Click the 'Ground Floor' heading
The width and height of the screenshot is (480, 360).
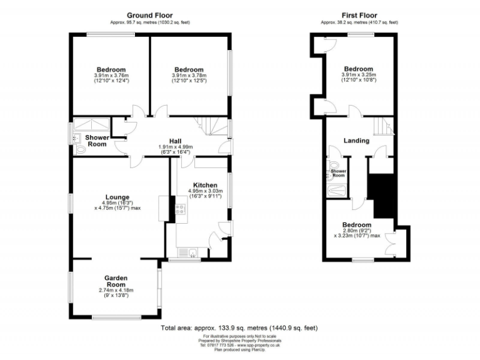(x=150, y=15)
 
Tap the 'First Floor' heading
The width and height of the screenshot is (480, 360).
(x=357, y=15)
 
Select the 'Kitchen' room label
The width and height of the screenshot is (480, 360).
(x=204, y=186)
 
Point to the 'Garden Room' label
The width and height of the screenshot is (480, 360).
(x=116, y=277)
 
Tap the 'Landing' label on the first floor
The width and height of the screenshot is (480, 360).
(x=356, y=141)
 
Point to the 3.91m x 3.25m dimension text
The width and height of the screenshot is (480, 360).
(x=357, y=75)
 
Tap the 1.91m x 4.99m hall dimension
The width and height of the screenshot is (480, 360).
(x=175, y=147)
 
